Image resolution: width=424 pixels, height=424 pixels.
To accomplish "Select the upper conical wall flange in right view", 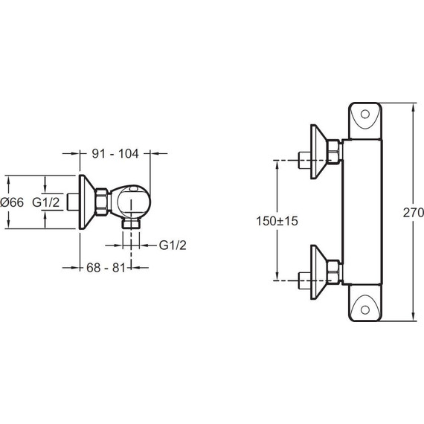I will tap(323, 151).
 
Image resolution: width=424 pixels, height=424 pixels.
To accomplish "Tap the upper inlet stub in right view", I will tap(304, 160).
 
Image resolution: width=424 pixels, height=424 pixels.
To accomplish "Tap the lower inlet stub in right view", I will tap(304, 280).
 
